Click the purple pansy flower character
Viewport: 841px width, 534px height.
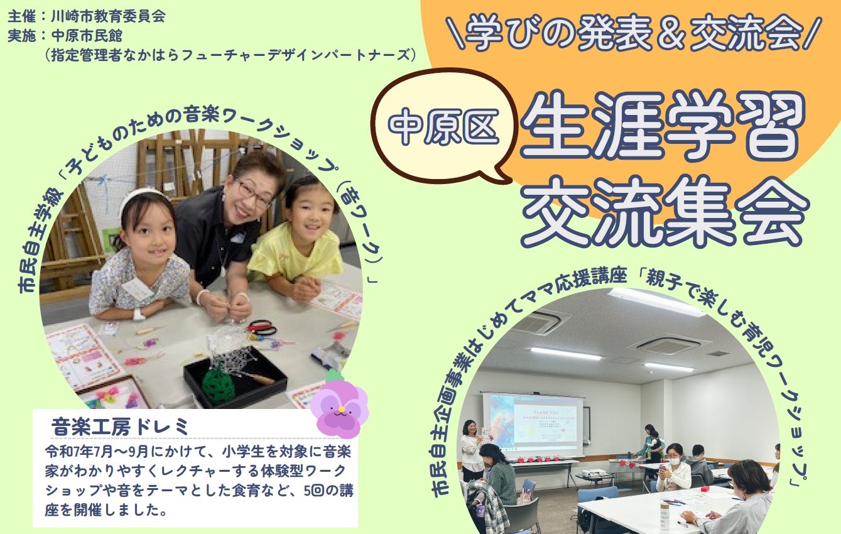339,406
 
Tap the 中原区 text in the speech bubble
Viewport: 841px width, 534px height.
443,126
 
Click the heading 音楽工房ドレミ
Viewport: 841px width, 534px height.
120,427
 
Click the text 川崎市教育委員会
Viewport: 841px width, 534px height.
108,16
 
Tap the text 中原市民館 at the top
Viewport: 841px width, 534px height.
87,36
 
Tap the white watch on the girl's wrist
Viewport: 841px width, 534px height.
139,314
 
